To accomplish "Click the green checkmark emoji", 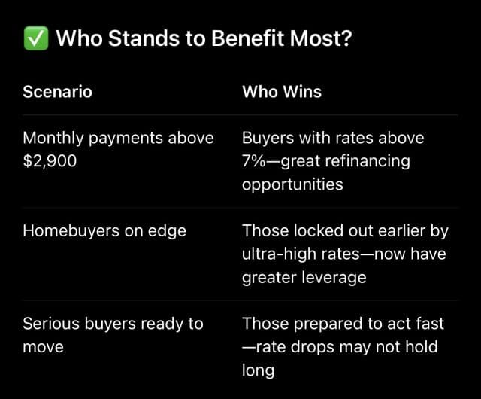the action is pyautogui.click(x=36, y=38).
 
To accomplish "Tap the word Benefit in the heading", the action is pyautogui.click(x=248, y=38).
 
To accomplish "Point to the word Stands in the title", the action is pyautogui.click(x=144, y=38).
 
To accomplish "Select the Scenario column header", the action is pyautogui.click(x=57, y=92).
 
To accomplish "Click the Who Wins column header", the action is pyautogui.click(x=282, y=92).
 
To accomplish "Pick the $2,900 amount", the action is pyautogui.click(x=50, y=161).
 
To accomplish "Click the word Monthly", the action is pyautogui.click(x=53, y=139).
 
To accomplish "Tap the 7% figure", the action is pyautogui.click(x=254, y=161).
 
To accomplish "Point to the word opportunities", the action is pyautogui.click(x=292, y=185).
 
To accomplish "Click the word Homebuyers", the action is pyautogui.click(x=71, y=231).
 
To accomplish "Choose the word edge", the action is pyautogui.click(x=167, y=232).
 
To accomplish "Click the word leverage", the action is pyautogui.click(x=334, y=278).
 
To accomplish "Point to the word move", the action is pyautogui.click(x=44, y=347).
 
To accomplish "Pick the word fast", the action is pyautogui.click(x=429, y=324).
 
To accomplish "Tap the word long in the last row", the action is pyautogui.click(x=258, y=370).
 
